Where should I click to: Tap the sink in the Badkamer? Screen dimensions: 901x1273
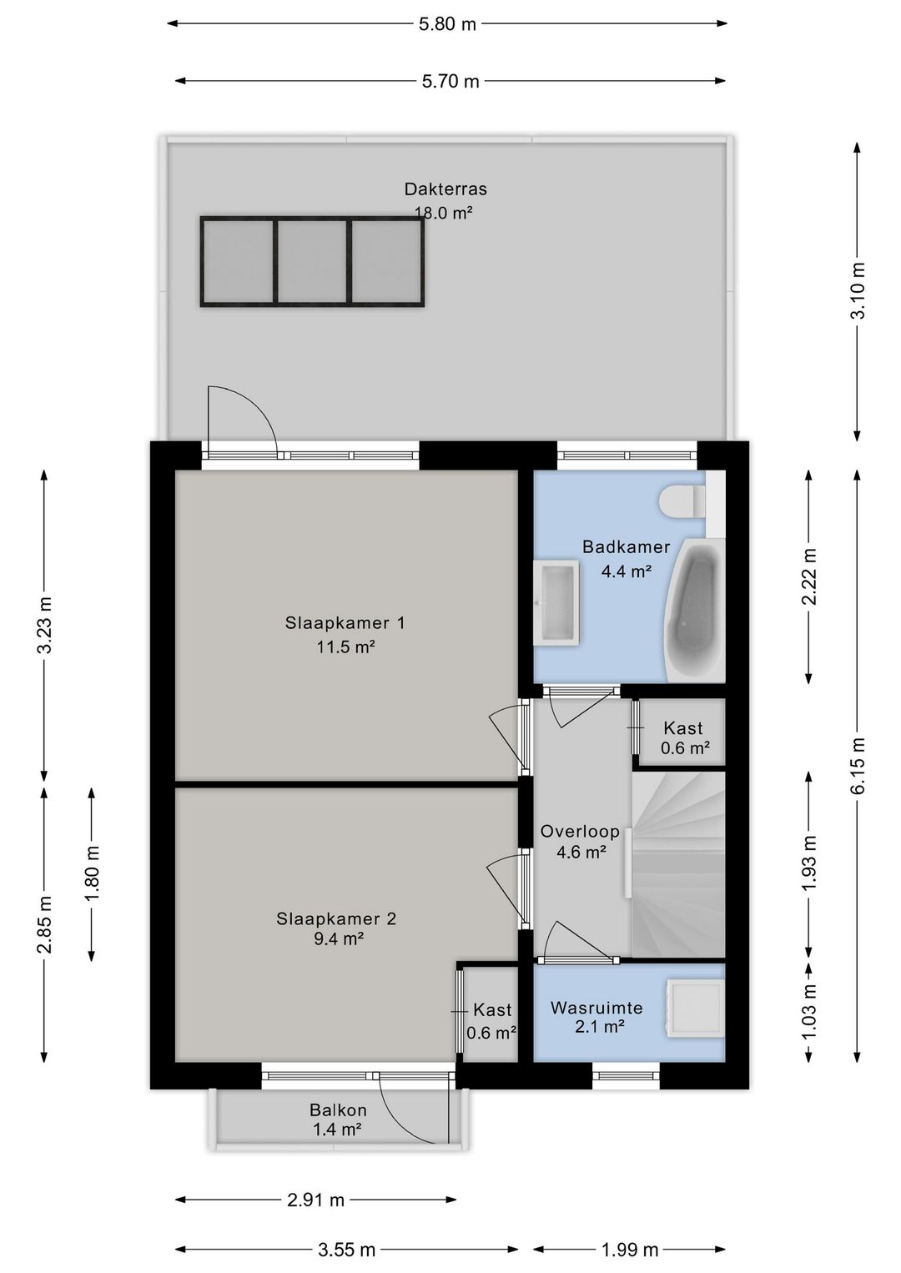tap(556, 602)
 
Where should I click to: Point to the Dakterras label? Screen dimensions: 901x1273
tap(445, 189)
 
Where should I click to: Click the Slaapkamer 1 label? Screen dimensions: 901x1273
tap(345, 623)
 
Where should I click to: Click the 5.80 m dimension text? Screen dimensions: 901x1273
tap(447, 24)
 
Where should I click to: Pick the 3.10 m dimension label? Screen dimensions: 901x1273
tap(858, 290)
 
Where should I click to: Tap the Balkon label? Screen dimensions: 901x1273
tap(338, 1109)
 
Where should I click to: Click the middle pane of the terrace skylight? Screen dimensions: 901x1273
tap(312, 261)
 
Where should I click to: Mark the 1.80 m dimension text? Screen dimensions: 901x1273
tap(92, 873)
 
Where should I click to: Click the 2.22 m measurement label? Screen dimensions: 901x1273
tap(809, 576)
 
